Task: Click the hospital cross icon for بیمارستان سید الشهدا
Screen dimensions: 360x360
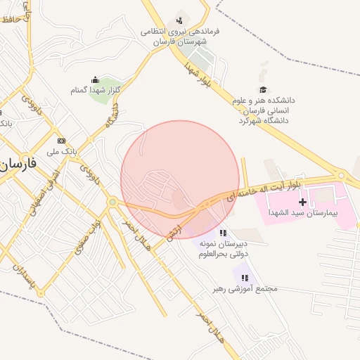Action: coord(303,202)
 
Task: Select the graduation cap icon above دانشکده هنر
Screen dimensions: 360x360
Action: coord(263,90)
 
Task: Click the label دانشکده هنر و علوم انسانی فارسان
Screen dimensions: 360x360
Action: coord(264,110)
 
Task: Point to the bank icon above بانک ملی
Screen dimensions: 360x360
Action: coord(62,141)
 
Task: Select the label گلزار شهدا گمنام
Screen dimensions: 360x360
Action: coord(96,91)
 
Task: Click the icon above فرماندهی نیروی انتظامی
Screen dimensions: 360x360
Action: coord(180,20)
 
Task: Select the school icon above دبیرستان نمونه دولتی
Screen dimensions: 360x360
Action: coord(223,233)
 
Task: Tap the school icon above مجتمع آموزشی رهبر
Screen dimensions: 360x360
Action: coord(244,278)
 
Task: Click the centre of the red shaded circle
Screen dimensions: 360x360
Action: coord(180,180)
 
